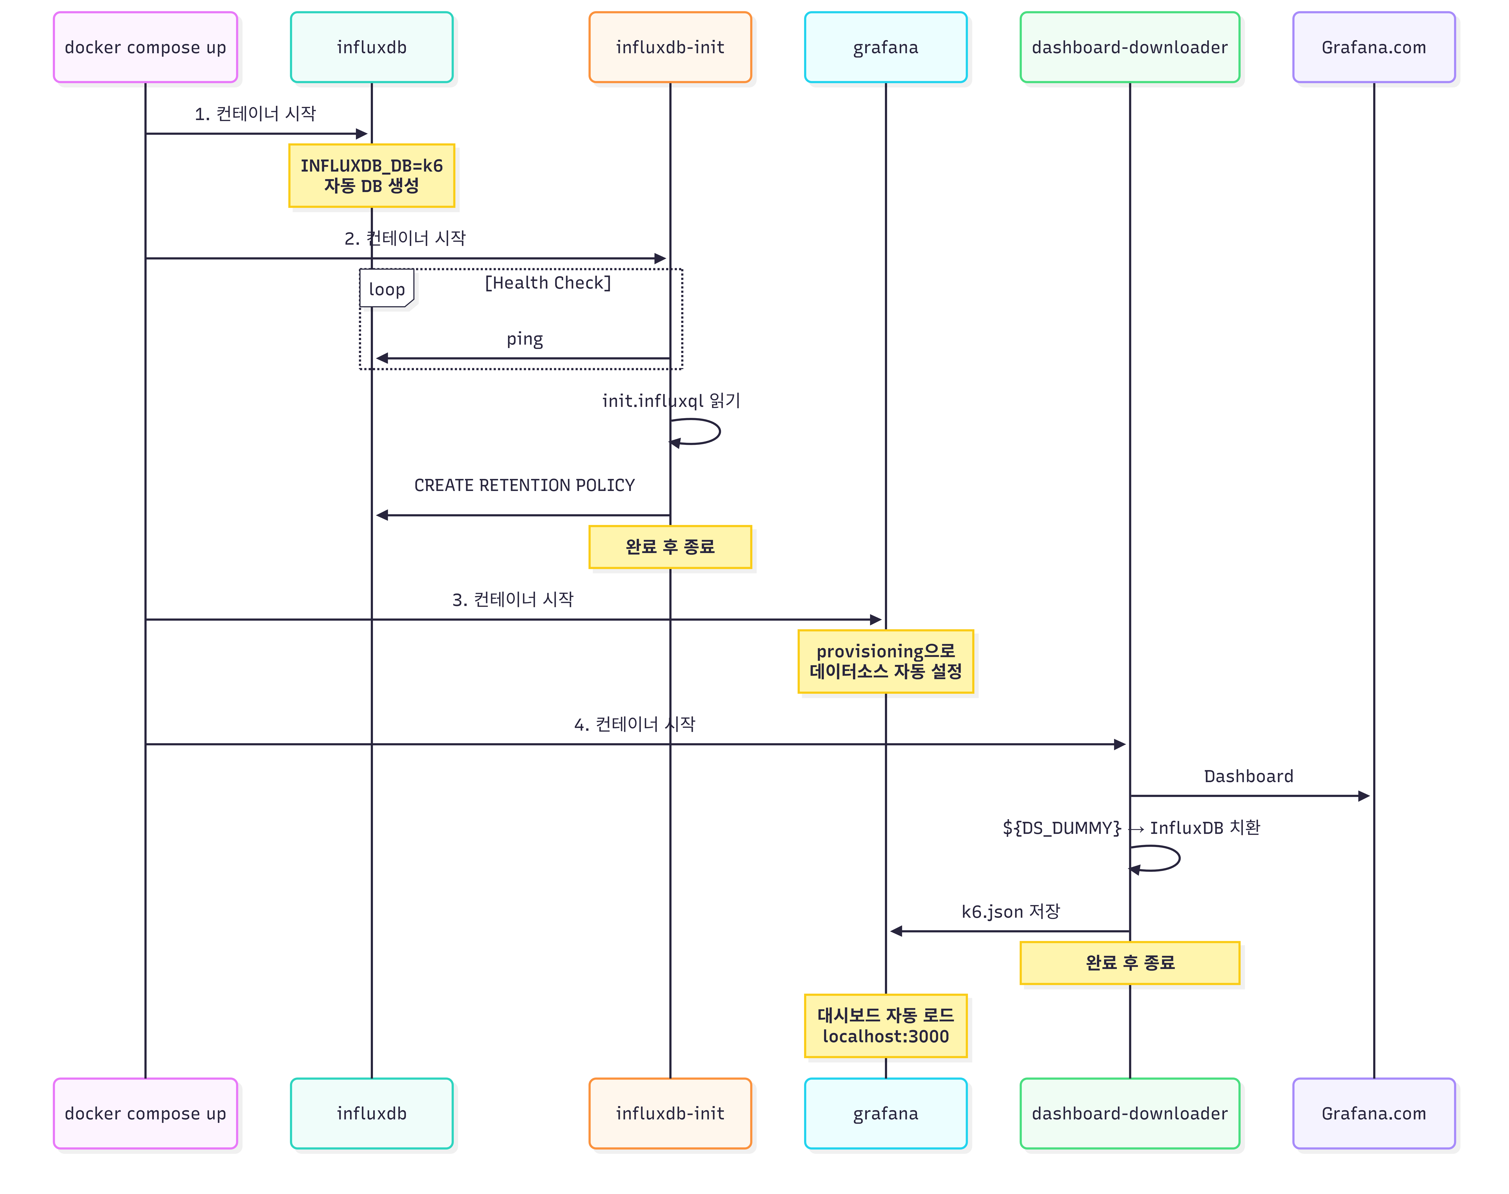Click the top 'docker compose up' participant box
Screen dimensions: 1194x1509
pos(146,48)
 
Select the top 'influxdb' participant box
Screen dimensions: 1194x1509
pos(371,48)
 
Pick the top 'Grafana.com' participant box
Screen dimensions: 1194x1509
pos(1373,48)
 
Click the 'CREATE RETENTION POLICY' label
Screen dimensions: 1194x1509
pos(524,485)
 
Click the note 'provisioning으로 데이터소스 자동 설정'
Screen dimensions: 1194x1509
pos(885,661)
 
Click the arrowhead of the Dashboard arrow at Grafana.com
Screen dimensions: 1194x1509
pos(1363,795)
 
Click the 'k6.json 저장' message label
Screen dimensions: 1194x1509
pos(1010,912)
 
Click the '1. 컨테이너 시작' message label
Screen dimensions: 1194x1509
pos(255,114)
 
